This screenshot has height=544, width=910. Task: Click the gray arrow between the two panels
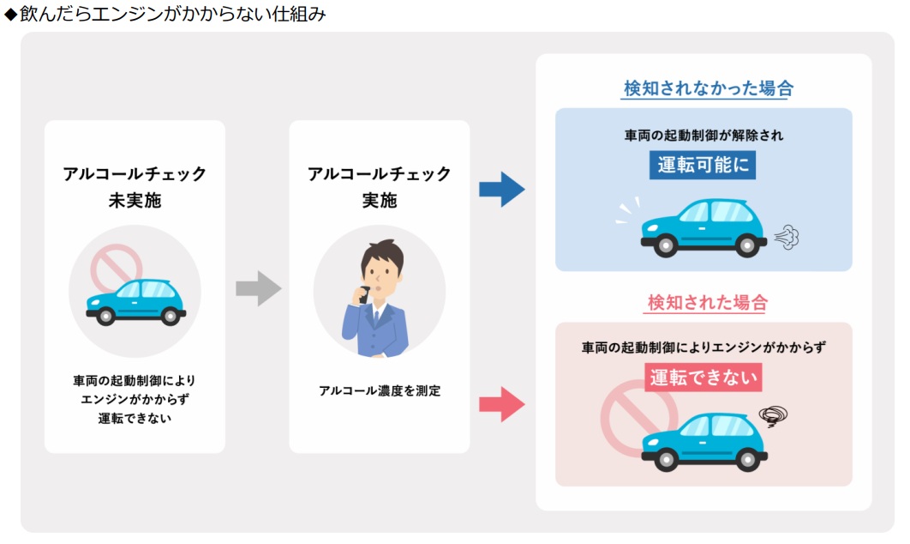click(x=258, y=288)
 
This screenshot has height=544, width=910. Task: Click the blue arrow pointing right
click(x=501, y=190)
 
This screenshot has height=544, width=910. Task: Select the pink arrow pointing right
click(x=501, y=403)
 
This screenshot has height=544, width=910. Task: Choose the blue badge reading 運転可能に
click(x=703, y=165)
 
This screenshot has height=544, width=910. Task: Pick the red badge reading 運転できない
click(x=703, y=377)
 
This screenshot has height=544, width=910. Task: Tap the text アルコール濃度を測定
click(x=379, y=390)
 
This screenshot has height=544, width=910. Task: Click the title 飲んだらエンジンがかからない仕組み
click(x=171, y=15)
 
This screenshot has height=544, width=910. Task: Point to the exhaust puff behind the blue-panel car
click(x=786, y=237)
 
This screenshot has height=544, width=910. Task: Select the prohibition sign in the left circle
click(x=117, y=268)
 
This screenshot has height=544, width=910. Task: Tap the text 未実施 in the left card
click(x=135, y=201)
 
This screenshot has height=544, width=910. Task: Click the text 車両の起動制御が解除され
click(x=703, y=136)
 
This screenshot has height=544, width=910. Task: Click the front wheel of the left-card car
click(x=106, y=317)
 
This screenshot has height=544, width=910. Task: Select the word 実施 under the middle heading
click(x=379, y=201)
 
